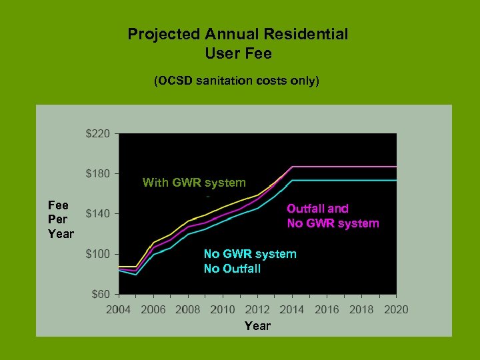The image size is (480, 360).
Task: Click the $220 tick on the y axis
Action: (98, 134)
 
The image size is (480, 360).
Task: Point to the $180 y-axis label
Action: (98, 174)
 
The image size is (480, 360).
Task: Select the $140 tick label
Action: (98, 214)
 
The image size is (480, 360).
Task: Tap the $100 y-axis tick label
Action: (98, 254)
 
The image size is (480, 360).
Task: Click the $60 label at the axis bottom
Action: (101, 294)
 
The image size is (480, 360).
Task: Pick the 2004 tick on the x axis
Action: (119, 309)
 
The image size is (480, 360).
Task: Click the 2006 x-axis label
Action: (153, 309)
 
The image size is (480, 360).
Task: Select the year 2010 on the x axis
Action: (223, 309)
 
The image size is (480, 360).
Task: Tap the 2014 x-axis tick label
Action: (292, 309)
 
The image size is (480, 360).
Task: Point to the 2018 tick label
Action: (361, 309)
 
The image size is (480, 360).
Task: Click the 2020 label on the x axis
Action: (396, 309)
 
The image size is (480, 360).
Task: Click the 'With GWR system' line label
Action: (194, 183)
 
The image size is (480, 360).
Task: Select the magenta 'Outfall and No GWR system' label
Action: (333, 216)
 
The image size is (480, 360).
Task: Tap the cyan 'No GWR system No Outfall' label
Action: (250, 261)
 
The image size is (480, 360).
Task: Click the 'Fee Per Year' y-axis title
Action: (61, 219)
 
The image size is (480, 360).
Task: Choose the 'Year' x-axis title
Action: (257, 326)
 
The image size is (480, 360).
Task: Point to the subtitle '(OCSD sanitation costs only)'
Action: (237, 81)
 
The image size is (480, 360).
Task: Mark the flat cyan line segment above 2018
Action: (361, 180)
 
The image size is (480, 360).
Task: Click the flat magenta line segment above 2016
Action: (327, 167)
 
